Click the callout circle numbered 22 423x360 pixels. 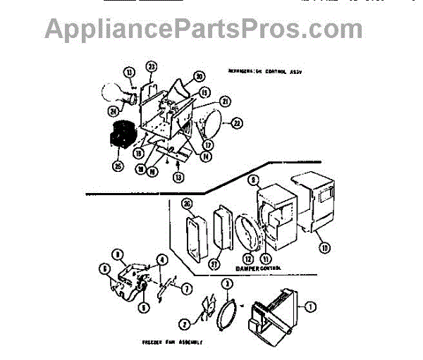click(x=237, y=123)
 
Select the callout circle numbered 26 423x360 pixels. click(x=186, y=204)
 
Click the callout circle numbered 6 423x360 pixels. click(x=104, y=268)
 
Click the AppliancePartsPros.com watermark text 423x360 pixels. click(x=204, y=29)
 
